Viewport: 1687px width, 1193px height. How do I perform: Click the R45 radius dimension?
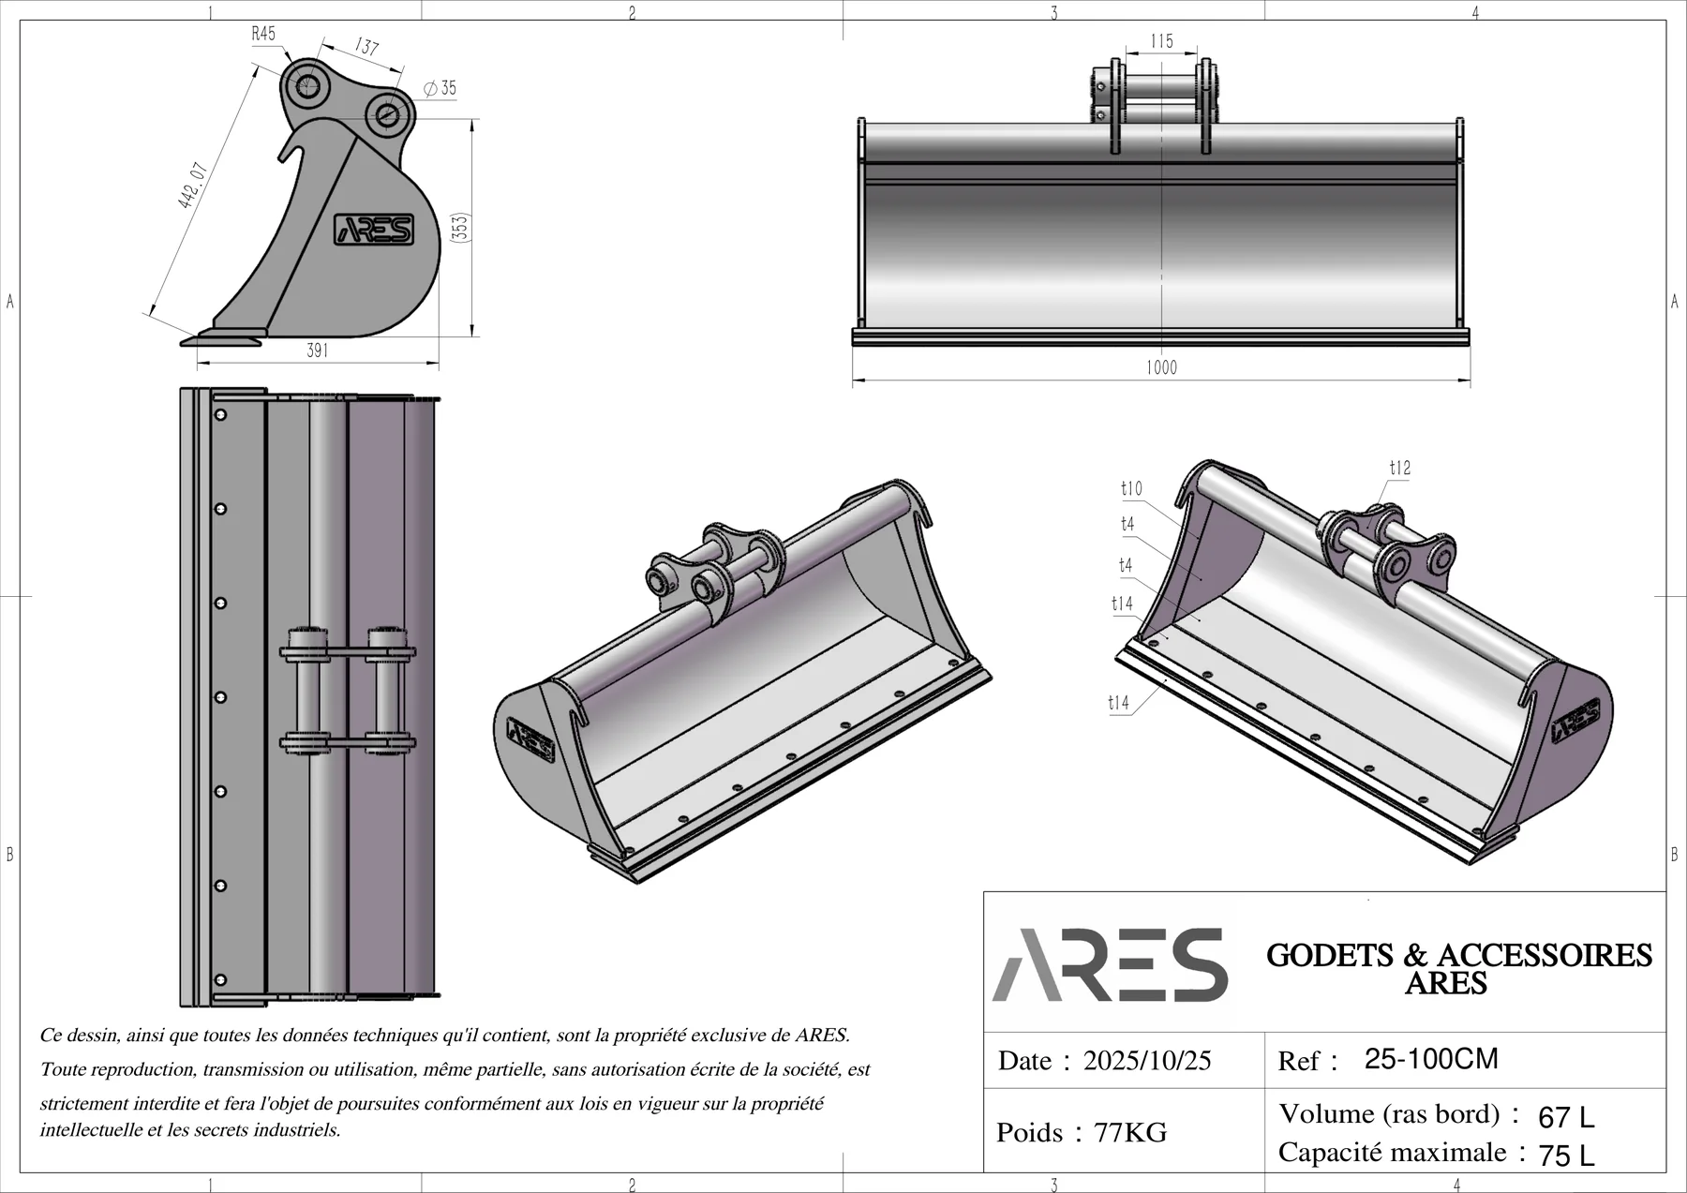point(263,34)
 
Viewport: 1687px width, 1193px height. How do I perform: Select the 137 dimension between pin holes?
point(366,46)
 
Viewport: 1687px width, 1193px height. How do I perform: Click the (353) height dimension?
point(459,228)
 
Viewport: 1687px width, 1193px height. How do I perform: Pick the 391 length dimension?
point(318,350)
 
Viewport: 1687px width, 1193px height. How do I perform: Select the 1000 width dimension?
point(1161,368)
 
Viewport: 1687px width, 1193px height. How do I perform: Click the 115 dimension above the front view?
point(1161,41)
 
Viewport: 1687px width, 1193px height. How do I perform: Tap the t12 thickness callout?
point(1399,468)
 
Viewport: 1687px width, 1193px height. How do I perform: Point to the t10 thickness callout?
point(1131,488)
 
